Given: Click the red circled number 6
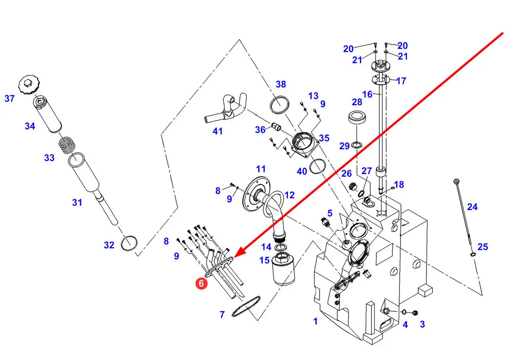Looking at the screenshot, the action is [201, 283].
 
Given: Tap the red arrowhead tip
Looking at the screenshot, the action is [233, 257].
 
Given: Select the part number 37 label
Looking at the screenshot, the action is [10, 98].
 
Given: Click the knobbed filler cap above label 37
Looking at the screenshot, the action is [29, 85].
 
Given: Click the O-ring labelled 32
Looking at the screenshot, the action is [129, 243].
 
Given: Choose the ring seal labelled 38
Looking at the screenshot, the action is [279, 105].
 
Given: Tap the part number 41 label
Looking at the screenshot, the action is [217, 131].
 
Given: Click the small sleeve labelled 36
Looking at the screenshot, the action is [276, 126].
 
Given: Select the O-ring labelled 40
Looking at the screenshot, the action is [317, 166].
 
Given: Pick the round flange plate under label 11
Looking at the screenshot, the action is [256, 194].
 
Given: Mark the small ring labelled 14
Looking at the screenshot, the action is [281, 247].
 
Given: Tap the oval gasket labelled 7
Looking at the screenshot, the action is [246, 306].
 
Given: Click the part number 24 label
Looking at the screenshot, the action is [472, 207].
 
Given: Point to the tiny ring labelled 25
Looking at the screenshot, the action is [473, 254].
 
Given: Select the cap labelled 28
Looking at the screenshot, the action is [357, 117].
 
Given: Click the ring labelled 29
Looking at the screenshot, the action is [356, 145].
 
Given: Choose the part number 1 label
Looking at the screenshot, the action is [315, 321].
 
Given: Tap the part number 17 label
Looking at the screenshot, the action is [401, 81].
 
